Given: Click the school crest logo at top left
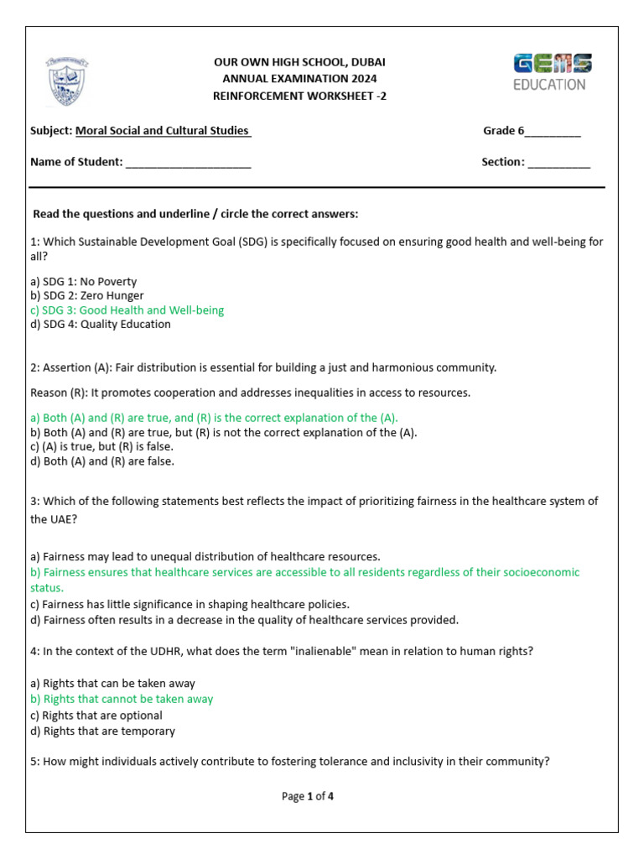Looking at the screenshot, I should coord(68,81).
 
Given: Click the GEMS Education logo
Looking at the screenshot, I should coord(552,72).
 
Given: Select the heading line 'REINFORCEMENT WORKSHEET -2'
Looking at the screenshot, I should coord(300,96).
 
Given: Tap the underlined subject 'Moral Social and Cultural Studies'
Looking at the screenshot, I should coord(163,131).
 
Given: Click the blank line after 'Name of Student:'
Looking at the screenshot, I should coord(188,163).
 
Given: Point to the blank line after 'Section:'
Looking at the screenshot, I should coord(558,163).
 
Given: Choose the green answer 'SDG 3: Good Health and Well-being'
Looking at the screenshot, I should coord(127,310).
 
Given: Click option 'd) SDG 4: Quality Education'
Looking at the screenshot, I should coord(100,325).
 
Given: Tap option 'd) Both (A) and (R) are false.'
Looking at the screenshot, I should coord(101,461).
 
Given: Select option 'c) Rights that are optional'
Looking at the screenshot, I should coord(96,716).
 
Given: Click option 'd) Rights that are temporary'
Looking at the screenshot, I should coord(102,731).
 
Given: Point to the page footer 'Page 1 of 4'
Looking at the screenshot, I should coord(308,797).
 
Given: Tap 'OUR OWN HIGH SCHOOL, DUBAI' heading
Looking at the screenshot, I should coord(300,63).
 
